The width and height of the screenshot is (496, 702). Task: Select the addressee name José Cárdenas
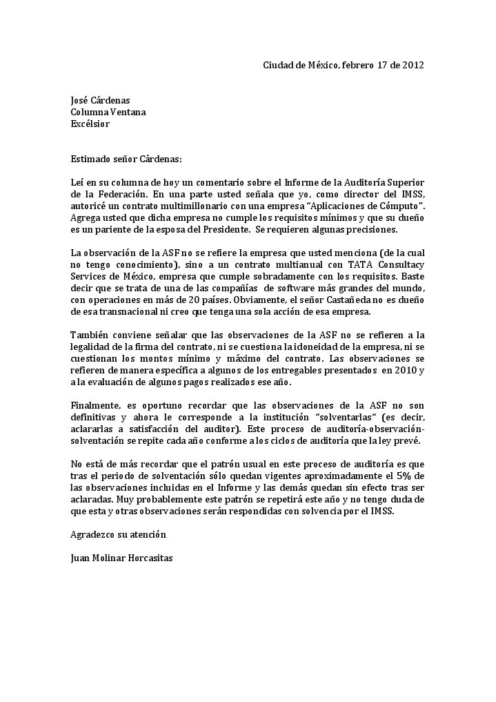pos(100,100)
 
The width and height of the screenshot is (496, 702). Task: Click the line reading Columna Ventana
pos(108,112)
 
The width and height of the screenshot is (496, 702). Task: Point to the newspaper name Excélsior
pos(90,124)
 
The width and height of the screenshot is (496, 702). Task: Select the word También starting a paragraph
pos(88,335)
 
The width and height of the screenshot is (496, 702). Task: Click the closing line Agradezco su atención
pos(118,534)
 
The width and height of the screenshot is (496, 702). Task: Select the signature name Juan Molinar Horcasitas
pos(121,558)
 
